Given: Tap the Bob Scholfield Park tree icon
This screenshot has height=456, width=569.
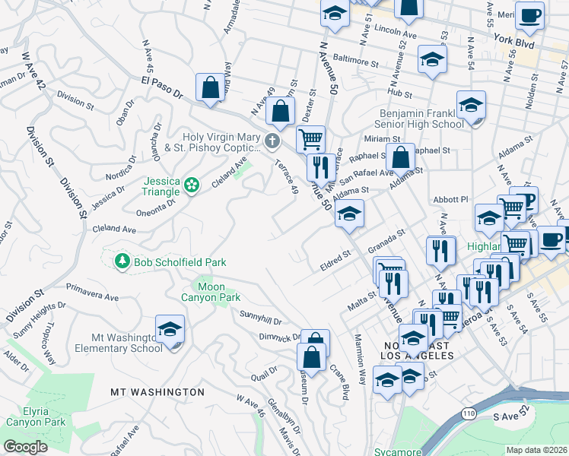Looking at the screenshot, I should [122, 261].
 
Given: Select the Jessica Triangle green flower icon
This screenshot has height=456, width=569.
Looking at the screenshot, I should [191, 183].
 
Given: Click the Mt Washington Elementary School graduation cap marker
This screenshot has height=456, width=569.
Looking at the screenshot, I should [170, 330].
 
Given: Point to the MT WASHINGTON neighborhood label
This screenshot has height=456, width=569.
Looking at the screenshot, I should [157, 392].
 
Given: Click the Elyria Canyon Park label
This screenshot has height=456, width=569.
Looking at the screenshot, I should [36, 416].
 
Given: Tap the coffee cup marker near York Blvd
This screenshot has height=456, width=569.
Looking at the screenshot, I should [529, 14].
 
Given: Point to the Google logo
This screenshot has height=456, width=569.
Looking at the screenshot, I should [25, 447].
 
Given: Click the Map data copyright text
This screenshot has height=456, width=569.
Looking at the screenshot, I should [536, 449].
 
